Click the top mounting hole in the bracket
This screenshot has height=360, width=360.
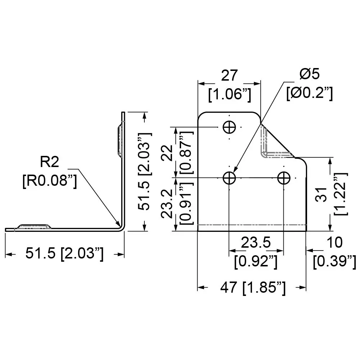[229, 127]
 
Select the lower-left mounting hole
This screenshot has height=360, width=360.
[229, 177]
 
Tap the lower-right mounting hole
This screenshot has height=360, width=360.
[284, 177]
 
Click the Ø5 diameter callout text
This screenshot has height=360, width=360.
[309, 75]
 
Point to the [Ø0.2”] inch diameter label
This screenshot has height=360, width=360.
[309, 94]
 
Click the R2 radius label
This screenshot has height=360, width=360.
[49, 162]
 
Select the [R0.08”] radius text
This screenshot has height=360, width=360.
[49, 180]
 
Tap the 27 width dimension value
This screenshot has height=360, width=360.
[229, 76]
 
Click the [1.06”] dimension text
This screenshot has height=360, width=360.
[229, 94]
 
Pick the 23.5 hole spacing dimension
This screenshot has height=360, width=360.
[256, 243]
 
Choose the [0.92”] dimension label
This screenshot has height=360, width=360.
[256, 261]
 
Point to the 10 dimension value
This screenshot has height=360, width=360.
[335, 243]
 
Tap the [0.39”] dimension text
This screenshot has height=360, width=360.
[334, 261]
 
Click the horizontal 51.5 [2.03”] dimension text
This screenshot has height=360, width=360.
[64, 254]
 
